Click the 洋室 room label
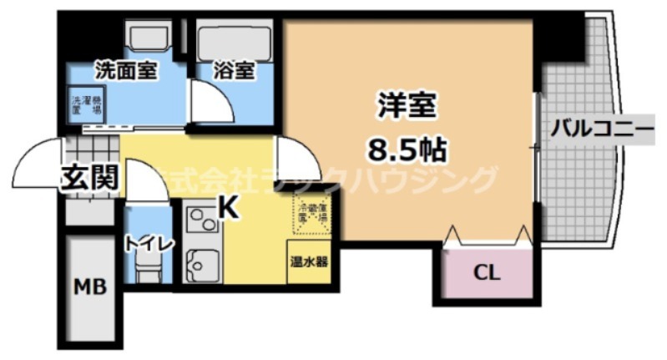[x=408, y=109]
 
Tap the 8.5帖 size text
[x=408, y=150]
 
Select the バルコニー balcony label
[x=601, y=129]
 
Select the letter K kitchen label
[x=230, y=205]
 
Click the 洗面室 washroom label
[x=125, y=69]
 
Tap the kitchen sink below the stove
[x=200, y=266]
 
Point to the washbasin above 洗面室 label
[x=149, y=38]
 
